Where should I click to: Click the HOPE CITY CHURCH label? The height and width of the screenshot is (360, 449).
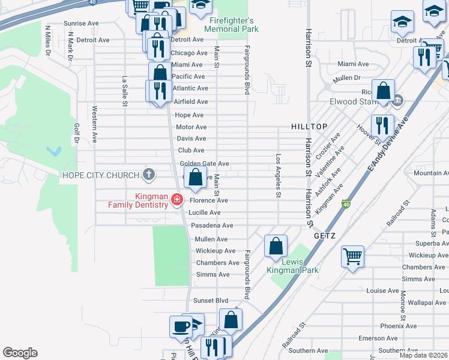(x=100, y=176)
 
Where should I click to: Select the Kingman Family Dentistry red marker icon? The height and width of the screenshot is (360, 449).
(x=177, y=199)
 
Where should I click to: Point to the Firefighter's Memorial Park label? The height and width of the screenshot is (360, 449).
(x=231, y=25)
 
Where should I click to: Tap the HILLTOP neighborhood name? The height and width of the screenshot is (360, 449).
(x=309, y=127)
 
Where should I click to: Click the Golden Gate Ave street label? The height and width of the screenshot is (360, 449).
(x=204, y=164)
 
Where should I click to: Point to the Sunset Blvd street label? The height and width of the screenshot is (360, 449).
(x=211, y=300)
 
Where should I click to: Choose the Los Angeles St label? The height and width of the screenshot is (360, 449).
(x=278, y=176)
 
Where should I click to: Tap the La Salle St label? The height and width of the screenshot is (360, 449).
(x=125, y=91)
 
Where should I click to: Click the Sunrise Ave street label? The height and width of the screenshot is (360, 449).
(x=81, y=23)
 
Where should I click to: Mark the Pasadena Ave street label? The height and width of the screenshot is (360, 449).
(x=211, y=226)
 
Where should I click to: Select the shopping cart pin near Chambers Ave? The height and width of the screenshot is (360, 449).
(x=352, y=256)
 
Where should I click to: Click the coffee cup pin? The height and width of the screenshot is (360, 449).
(x=181, y=326)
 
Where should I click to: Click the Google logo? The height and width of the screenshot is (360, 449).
(x=20, y=353)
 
